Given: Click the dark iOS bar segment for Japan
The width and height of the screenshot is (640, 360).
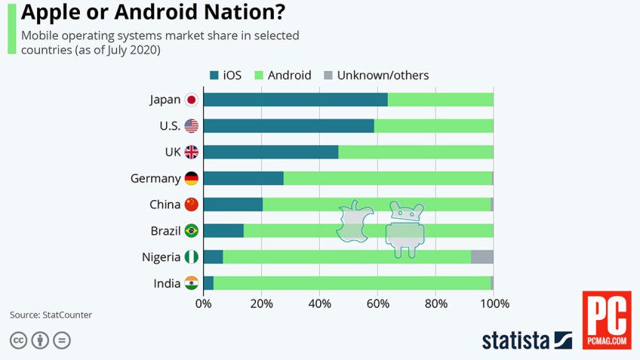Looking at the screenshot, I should tap(295, 100).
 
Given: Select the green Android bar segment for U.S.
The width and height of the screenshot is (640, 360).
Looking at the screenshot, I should tap(434, 126).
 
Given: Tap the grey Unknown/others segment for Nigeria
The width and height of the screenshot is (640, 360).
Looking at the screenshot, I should tap(482, 257).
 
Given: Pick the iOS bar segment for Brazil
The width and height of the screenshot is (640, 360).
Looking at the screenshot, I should tap(223, 231).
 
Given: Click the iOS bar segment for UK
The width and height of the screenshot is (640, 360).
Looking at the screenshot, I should tap(271, 152).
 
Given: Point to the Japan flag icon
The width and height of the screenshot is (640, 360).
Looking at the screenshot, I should tap(192, 100).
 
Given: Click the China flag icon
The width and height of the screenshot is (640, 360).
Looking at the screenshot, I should tap(192, 205).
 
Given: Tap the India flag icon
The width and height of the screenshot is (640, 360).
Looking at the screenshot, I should tap(192, 283).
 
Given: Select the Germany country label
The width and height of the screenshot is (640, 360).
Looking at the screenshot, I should tap(155, 178).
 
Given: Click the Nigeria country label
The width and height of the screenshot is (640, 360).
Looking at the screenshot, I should tap(161, 257).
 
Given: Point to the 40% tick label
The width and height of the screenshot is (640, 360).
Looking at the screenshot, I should tap(320, 304).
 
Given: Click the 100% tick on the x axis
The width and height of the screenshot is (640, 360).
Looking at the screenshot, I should tap(494, 304).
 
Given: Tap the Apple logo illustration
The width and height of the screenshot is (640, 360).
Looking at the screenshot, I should tap(355, 222).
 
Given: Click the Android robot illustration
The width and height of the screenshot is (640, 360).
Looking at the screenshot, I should tap(405, 229).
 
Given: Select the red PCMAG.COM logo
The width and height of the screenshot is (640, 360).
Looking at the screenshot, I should tap(606, 320).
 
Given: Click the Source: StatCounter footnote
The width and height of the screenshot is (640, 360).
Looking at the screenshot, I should tap(51, 314).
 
